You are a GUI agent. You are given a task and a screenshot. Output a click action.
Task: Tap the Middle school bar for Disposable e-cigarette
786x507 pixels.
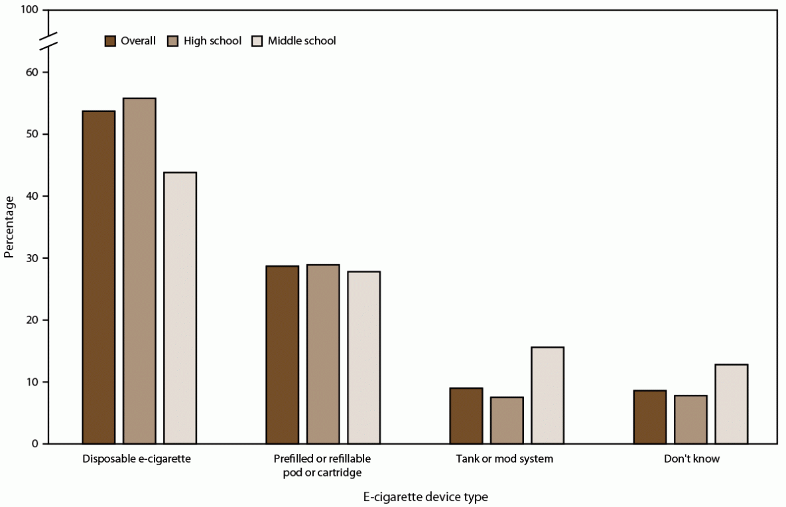pos(180,308)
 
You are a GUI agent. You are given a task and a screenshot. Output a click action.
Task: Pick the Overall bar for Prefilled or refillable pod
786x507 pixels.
pos(283,354)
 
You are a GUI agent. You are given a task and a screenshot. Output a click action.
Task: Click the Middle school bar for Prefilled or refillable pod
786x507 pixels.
pos(364,358)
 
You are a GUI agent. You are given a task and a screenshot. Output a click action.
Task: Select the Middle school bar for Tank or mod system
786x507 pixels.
pos(547,396)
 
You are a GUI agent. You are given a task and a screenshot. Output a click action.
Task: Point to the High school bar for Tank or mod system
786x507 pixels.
pos(507,420)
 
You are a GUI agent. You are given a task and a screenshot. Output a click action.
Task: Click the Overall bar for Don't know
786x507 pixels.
pos(650,417)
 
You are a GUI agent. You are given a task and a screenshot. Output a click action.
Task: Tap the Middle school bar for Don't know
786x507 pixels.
pos(732,404)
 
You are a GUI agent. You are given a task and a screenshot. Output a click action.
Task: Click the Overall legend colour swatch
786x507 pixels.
pos(110,41)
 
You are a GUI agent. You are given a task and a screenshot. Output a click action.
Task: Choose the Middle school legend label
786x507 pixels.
pos(302,41)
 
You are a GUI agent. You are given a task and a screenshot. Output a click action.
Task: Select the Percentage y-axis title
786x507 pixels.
pos(9,227)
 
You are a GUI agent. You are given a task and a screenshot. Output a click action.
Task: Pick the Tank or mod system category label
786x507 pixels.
pos(504,459)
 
